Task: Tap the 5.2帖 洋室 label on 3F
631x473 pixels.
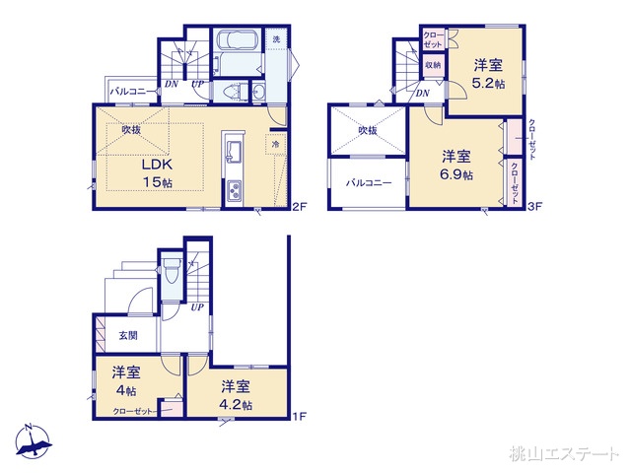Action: pyautogui.click(x=487, y=74)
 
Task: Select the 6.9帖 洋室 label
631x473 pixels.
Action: pyautogui.click(x=456, y=165)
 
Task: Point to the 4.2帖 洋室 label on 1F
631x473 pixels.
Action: pyautogui.click(x=236, y=394)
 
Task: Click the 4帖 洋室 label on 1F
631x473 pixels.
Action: pyautogui.click(x=125, y=380)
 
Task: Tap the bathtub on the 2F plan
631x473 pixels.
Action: pyautogui.click(x=234, y=45)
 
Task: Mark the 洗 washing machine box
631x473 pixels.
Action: pyautogui.click(x=276, y=40)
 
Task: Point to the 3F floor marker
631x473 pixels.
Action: pyautogui.click(x=536, y=207)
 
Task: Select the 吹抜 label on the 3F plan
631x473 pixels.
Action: pyautogui.click(x=368, y=129)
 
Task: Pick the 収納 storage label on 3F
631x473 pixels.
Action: pyautogui.click(x=433, y=66)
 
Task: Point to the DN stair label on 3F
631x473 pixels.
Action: pyautogui.click(x=422, y=94)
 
